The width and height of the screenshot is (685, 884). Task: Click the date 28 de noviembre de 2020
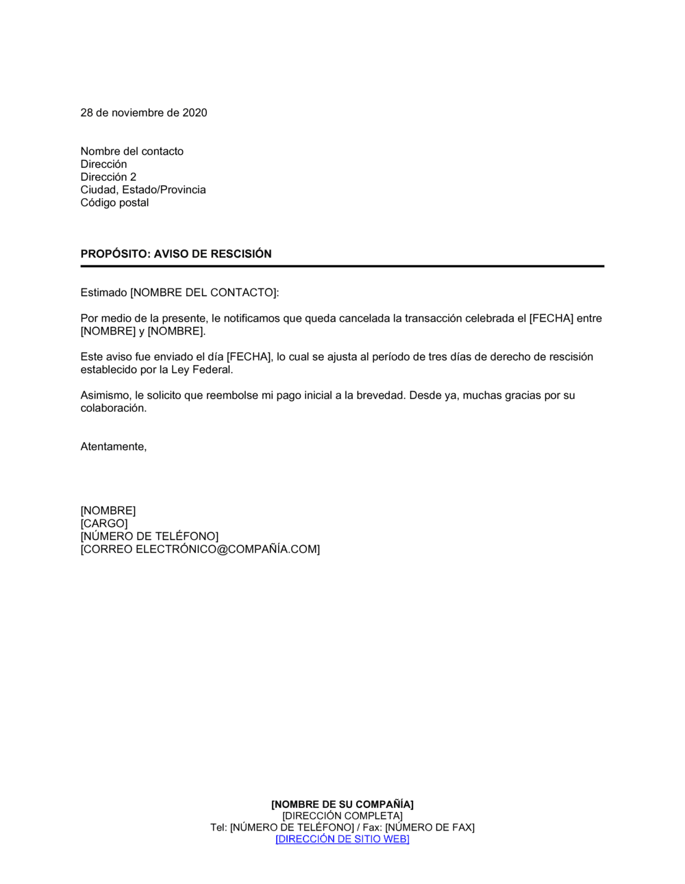[144, 113]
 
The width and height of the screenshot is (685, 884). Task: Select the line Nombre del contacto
[132, 151]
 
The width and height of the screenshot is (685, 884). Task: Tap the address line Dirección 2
[108, 177]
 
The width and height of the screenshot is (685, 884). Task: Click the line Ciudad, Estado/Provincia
[143, 190]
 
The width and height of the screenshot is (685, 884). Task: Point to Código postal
[114, 203]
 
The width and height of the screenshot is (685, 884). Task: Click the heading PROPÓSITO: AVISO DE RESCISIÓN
[176, 254]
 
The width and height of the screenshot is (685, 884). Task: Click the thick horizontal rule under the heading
[342, 266]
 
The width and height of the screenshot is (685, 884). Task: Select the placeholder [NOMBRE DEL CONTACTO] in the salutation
[203, 293]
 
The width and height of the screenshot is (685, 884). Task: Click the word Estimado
[104, 293]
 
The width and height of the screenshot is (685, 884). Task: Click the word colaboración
[113, 408]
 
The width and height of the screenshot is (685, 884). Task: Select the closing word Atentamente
[113, 447]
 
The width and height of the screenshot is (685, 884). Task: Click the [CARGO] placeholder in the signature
[104, 524]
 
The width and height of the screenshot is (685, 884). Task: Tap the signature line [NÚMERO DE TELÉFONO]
[149, 537]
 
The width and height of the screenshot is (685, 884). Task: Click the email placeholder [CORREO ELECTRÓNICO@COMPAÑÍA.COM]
[200, 550]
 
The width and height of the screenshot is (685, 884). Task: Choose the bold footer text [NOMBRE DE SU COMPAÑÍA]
[342, 805]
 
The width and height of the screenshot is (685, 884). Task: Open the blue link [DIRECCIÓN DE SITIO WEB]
[342, 839]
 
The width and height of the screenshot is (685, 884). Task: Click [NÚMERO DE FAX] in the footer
[429, 828]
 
